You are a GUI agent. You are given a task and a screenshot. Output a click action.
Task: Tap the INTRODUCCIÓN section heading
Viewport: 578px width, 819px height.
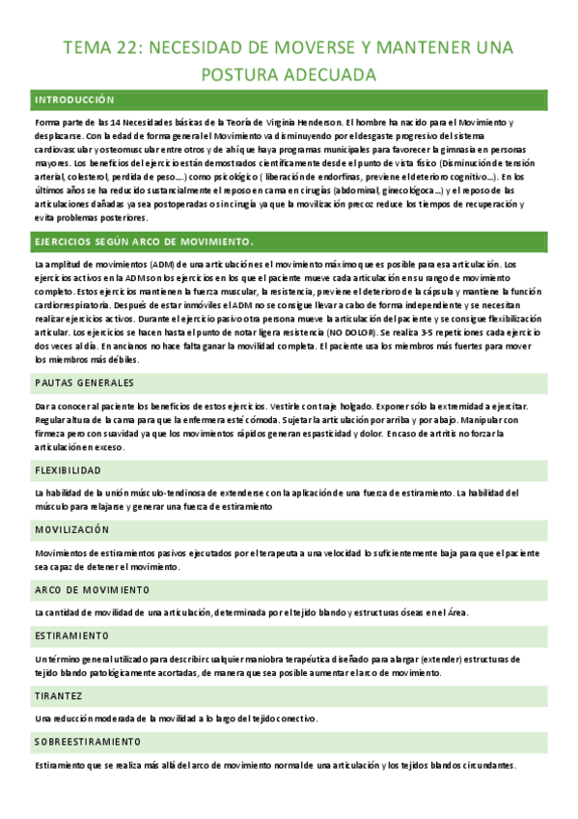pos(74,99)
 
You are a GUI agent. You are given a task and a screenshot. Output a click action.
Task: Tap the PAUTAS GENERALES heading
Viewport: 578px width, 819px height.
pos(84,382)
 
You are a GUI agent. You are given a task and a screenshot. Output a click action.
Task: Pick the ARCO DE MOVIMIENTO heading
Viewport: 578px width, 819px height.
pos(92,589)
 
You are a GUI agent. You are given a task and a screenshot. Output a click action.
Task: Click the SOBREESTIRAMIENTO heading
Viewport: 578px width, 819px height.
pos(88,742)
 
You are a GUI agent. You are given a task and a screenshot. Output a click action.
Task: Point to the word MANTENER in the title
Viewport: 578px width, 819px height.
pos(413,47)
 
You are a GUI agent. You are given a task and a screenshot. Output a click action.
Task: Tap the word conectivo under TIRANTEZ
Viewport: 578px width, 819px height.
pos(293,719)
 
